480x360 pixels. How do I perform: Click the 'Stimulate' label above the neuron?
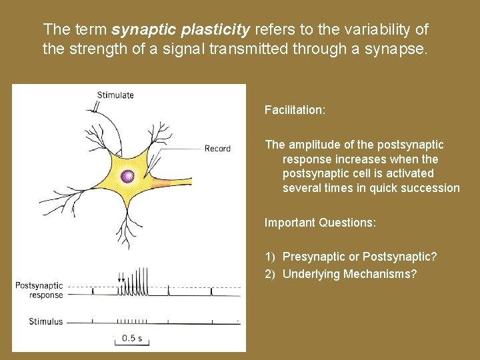(115, 95)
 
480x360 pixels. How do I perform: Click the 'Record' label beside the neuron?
(217, 149)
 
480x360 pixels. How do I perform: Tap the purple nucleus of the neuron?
(127, 177)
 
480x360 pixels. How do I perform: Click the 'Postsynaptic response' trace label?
(39, 290)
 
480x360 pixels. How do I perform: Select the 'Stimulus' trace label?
(45, 321)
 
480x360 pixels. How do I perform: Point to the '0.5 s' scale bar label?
(132, 338)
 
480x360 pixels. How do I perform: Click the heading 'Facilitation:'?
(295, 109)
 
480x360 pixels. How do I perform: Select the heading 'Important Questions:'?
(320, 223)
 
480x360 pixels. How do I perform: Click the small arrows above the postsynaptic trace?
(121, 280)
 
